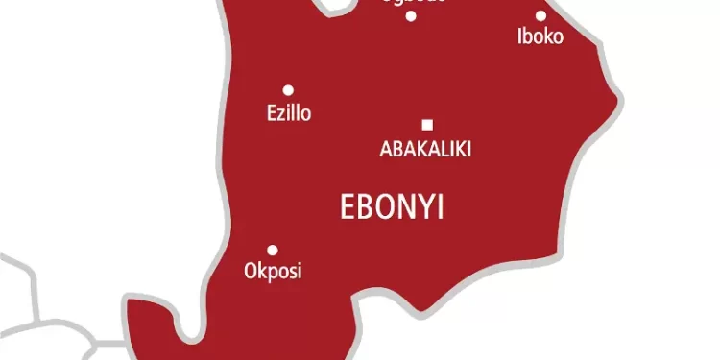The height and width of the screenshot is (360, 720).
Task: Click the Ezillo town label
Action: coord(288,113)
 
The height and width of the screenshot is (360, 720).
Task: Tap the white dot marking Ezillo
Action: coord(287,90)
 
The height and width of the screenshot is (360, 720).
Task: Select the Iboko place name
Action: coord(540,37)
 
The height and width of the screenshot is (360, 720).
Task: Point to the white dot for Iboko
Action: coord(540,15)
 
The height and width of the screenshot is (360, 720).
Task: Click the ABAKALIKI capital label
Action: coord(426,149)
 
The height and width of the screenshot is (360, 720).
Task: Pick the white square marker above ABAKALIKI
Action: coord(427,124)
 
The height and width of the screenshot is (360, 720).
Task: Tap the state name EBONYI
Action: coord(393,206)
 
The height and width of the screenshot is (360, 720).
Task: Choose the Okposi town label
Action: coord(273,272)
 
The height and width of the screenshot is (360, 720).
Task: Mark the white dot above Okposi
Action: coord(273,250)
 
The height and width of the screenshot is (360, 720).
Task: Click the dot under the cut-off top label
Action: coord(411,15)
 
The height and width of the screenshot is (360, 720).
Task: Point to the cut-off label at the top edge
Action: coord(412,2)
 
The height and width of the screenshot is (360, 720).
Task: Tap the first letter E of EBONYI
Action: coord(348,206)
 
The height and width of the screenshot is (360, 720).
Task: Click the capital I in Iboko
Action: coord(519,37)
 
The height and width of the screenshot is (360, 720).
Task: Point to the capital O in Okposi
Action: coord(251,272)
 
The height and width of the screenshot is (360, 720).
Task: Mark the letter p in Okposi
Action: coord(271,274)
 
